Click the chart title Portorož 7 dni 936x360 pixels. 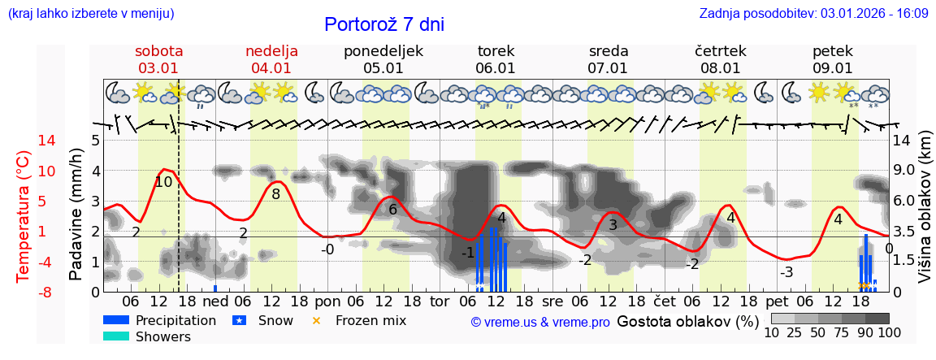tap(384, 24)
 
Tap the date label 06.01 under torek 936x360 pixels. tap(496, 69)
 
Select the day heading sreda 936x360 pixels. tap(609, 51)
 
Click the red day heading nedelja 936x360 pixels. tap(271, 51)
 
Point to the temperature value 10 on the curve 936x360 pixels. tap(163, 182)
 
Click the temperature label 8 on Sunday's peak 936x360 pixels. tap(276, 194)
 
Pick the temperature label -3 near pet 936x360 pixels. tap(786, 272)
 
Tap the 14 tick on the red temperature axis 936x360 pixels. tap(24, 141)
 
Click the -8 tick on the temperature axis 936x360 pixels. tap(24, 292)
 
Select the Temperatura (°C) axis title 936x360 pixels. tap(24, 217)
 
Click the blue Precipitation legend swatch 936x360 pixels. tap(116, 320)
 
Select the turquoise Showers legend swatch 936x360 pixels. tap(116, 336)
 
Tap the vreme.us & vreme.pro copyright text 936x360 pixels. tap(540, 322)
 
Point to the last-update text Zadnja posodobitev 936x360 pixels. tap(813, 14)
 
